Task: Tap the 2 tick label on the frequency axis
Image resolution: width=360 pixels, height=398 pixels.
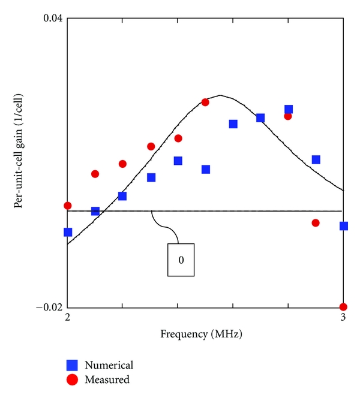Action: click(x=67, y=318)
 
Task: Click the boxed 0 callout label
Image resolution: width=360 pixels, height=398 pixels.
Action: click(x=181, y=260)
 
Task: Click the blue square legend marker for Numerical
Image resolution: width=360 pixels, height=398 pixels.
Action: click(x=73, y=364)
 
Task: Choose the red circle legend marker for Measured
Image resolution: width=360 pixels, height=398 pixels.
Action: click(x=73, y=379)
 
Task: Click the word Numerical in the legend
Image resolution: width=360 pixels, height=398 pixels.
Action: click(x=109, y=364)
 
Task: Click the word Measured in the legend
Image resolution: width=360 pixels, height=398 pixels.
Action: click(x=107, y=379)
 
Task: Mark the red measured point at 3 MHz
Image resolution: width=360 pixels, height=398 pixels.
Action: click(x=343, y=307)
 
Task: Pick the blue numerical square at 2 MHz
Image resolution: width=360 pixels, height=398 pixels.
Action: click(x=68, y=232)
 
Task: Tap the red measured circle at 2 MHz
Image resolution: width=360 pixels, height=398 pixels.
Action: click(x=67, y=206)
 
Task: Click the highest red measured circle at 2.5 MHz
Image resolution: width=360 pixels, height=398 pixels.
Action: click(x=205, y=102)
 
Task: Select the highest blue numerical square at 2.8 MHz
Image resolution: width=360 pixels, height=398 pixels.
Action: click(x=289, y=109)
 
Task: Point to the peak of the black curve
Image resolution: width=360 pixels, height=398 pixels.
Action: click(x=221, y=95)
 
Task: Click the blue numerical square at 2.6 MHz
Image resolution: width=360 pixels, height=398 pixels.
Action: click(x=233, y=124)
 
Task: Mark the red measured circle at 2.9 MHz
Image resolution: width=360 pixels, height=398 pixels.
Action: click(x=316, y=223)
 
